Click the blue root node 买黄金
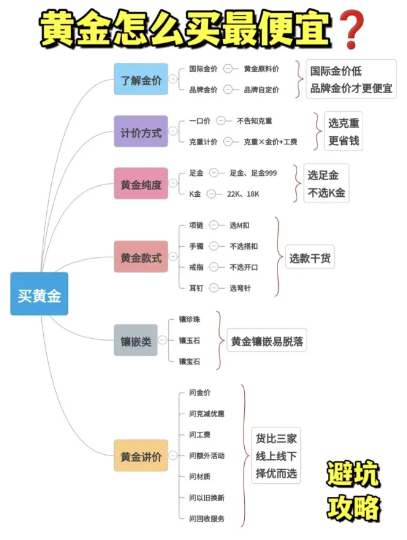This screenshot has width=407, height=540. [x=39, y=294]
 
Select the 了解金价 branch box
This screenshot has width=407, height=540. [x=141, y=79]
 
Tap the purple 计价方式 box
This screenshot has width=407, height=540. [x=141, y=131]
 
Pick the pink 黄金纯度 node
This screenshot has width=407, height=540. [x=141, y=183]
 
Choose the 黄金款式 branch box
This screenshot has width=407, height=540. [x=141, y=257]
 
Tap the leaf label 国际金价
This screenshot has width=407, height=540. [x=203, y=69]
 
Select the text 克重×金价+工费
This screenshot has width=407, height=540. [x=270, y=142]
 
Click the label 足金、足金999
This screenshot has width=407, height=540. [x=253, y=173]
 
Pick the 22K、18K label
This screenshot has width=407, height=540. [x=243, y=194]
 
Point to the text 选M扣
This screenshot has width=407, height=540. [x=240, y=225]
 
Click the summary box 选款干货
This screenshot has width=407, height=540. [x=310, y=258]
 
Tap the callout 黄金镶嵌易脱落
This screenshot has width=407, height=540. [x=267, y=341]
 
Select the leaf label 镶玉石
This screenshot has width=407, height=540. [x=189, y=340]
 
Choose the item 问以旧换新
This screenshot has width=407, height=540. [x=207, y=497]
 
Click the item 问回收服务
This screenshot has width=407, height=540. [x=207, y=518]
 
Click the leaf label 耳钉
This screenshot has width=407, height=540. [x=196, y=288]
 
